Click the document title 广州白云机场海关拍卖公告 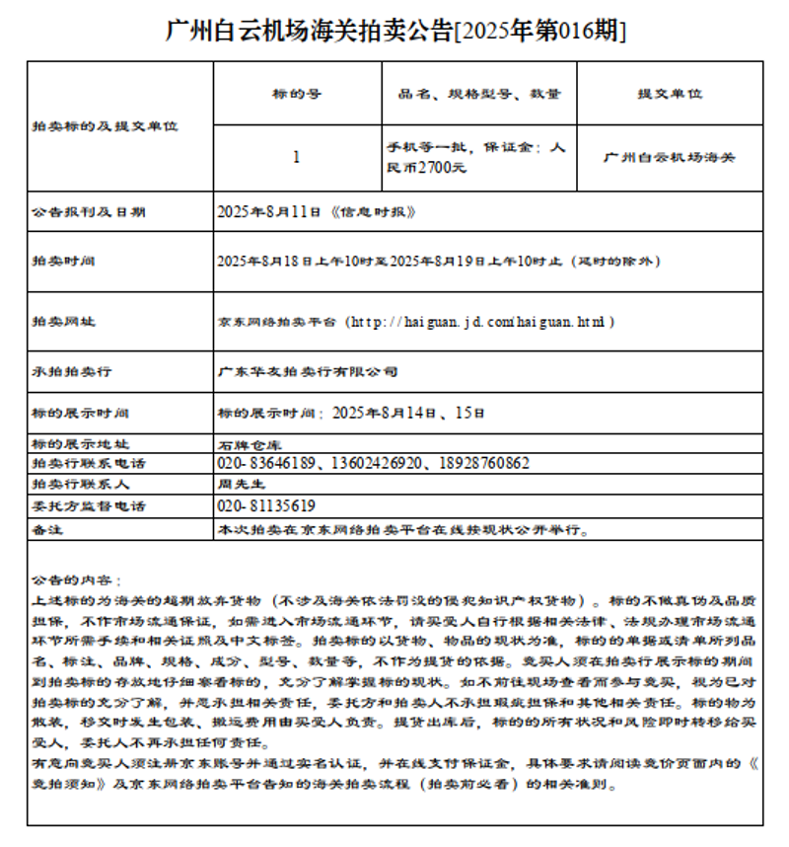coord(394,31)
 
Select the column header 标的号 coord(297,94)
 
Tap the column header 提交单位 coord(670,94)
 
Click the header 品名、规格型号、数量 coord(479,94)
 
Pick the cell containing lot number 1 coord(297,157)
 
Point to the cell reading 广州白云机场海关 coord(670,157)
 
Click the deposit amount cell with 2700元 coord(477,158)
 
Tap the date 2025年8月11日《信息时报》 coord(317,212)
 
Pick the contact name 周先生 coord(242,485)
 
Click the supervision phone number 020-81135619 coord(266,506)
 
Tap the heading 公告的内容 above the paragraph coord(76,580)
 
